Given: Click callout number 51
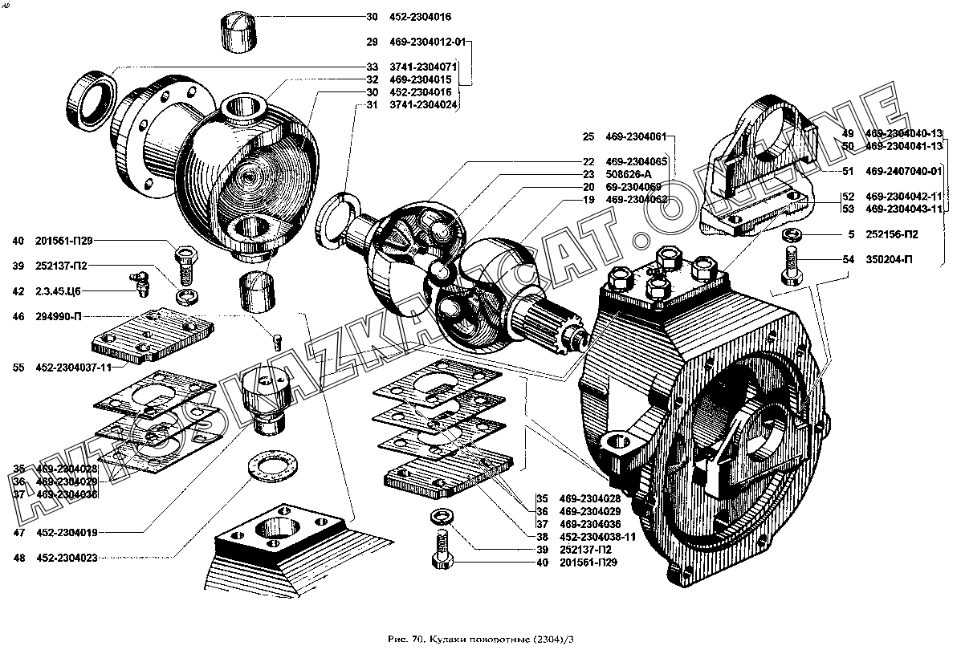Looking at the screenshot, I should [x=848, y=170].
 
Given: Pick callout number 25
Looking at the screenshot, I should [x=588, y=136].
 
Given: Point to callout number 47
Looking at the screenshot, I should [x=18, y=532].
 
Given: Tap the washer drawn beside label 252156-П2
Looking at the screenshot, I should [x=791, y=235].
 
